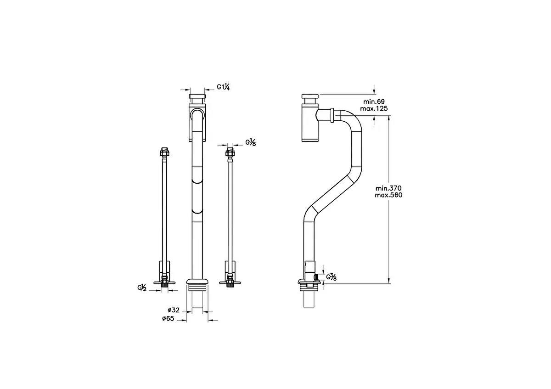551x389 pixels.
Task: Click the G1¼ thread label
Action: pyautogui.click(x=224, y=87)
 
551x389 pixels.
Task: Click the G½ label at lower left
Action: pyautogui.click(x=141, y=288)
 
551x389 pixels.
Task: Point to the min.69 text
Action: pyautogui.click(x=374, y=101)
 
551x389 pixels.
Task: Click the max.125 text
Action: pyautogui.click(x=374, y=108)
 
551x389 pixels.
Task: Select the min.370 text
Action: pyautogui.click(x=388, y=188)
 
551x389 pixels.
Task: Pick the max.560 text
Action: pyautogui.click(x=388, y=195)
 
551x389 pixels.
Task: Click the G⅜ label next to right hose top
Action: pyautogui.click(x=250, y=142)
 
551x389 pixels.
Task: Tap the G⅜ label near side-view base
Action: pyautogui.click(x=332, y=277)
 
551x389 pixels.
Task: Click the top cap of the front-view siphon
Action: pyautogui.click(x=197, y=99)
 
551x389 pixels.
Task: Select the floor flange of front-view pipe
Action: pyautogui.click(x=197, y=281)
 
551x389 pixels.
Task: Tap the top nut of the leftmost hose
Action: pyautogui.click(x=163, y=152)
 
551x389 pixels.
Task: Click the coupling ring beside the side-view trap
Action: pyautogui.click(x=332, y=115)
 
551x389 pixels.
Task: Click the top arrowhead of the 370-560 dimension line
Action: pyautogui.click(x=389, y=118)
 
